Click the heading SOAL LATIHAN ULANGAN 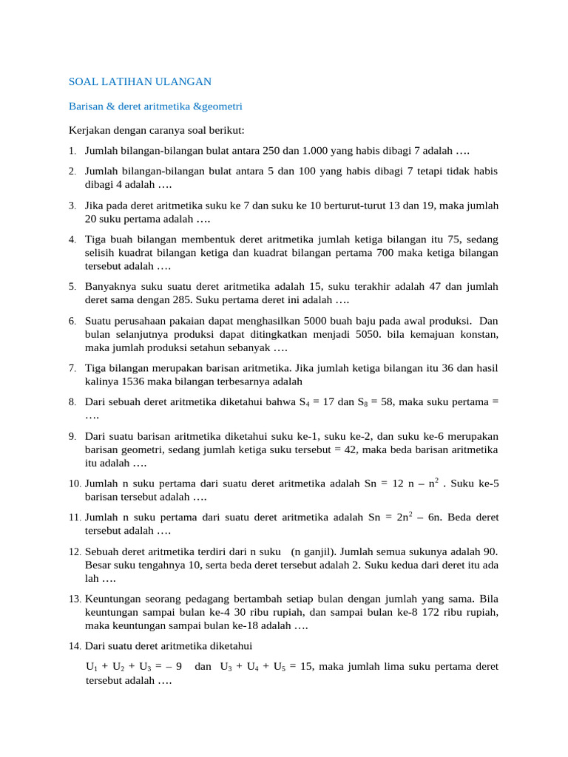[141, 81]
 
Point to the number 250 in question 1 [271, 151]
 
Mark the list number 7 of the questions [72, 368]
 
